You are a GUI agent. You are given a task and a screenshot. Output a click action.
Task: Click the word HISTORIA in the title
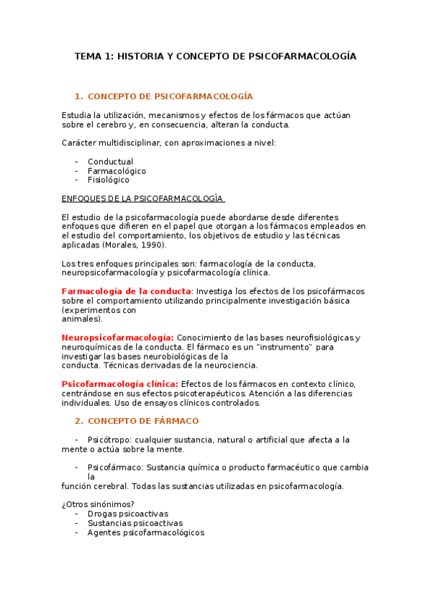tap(140, 56)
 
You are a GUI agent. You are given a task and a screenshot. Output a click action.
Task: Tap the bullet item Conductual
tap(110, 162)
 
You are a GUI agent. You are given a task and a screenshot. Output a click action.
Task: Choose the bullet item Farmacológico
tap(117, 171)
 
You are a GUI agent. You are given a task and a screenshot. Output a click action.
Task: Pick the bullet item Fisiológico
tap(109, 180)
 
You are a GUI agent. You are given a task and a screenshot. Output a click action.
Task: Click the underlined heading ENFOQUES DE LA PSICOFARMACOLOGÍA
tap(142, 199)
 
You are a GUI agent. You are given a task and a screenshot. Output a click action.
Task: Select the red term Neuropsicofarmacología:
tap(117, 337)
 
